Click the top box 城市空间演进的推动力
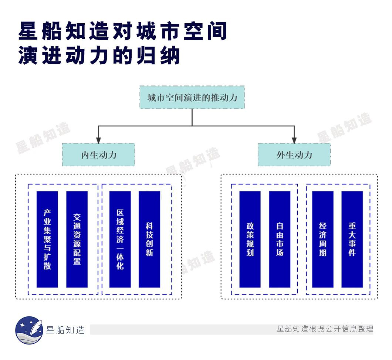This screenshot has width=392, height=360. tap(192, 98)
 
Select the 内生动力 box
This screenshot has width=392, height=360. tap(98, 154)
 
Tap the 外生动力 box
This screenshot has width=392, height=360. tap(294, 154)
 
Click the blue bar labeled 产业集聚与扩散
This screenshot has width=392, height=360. tap(47, 239)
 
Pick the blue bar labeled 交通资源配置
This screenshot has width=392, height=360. tap(77, 239)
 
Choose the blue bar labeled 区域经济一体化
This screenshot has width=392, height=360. tap(120, 239)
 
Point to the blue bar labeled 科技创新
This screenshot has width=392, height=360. tap(149, 239)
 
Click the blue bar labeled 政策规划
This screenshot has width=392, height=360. tap(250, 239)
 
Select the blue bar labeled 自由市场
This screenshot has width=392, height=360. tap(280, 239)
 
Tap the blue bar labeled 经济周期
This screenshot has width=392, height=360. tap(322, 239)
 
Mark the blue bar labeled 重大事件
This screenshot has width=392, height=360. tap(352, 239)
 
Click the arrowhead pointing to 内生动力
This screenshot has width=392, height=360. tap(98, 140)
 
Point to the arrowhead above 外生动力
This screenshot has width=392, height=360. tap(294, 140)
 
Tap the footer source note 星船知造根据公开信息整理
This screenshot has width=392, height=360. tap(325, 329)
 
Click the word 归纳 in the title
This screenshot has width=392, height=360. tap(163, 56)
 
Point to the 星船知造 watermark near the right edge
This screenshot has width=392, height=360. tap(344, 128)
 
